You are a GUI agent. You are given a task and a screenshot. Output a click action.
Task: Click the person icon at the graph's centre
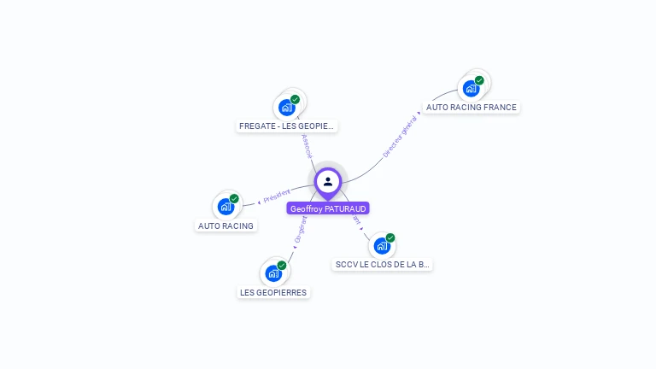pyautogui.click(x=328, y=181)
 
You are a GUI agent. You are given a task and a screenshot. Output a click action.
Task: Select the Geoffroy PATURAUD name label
pyautogui.click(x=328, y=208)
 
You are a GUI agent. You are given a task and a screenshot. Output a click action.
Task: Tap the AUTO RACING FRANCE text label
pyautogui.click(x=471, y=108)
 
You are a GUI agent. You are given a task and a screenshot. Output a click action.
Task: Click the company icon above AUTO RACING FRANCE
pyautogui.click(x=471, y=88)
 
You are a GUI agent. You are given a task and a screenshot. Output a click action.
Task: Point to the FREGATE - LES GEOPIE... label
pyautogui.click(x=287, y=126)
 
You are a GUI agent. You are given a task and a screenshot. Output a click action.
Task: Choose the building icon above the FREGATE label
pyautogui.click(x=286, y=108)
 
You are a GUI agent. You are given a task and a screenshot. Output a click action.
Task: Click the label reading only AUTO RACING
pyautogui.click(x=225, y=226)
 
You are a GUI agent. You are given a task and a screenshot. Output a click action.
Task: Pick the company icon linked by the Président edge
pyautogui.click(x=225, y=206)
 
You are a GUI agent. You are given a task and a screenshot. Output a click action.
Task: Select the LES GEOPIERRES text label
pyautogui.click(x=273, y=292)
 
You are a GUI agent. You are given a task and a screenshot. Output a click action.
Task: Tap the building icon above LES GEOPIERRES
pyautogui.click(x=272, y=273)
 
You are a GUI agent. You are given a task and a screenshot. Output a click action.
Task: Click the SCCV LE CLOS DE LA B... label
pyautogui.click(x=383, y=265)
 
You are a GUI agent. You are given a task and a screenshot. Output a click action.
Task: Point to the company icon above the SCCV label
pyautogui.click(x=382, y=246)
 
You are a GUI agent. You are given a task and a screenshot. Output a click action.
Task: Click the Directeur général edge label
pyautogui.click(x=400, y=137)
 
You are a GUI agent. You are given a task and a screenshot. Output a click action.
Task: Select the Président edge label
pyautogui.click(x=277, y=196)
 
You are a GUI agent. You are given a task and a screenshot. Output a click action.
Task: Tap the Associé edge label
pyautogui.click(x=307, y=145)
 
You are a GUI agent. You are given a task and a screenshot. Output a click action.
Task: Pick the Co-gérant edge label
pyautogui.click(x=300, y=230)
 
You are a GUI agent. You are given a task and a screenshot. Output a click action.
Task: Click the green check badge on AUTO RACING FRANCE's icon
pyautogui.click(x=479, y=80)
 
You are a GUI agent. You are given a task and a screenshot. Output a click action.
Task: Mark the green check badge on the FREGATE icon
pyautogui.click(x=295, y=100)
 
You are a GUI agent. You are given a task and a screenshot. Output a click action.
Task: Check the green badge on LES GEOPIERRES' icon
pyautogui.click(x=281, y=266)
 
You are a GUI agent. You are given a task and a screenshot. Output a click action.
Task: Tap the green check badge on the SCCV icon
pyautogui.click(x=390, y=238)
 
